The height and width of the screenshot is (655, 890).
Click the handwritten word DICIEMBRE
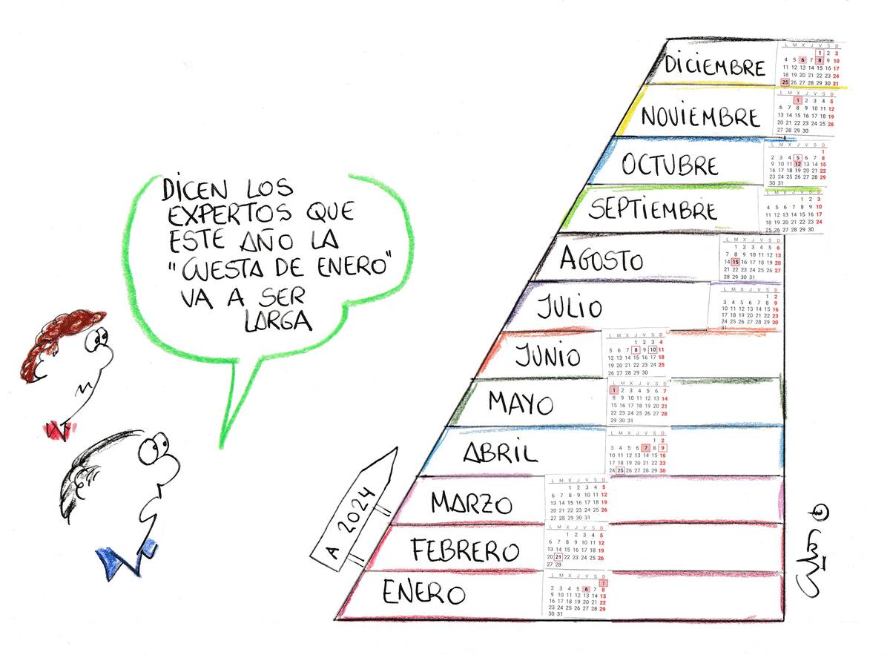coord(715,65)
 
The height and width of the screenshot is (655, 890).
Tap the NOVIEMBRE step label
coord(690,117)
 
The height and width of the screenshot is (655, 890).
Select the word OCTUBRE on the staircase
coord(670,165)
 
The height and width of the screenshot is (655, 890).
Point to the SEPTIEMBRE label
coord(653,210)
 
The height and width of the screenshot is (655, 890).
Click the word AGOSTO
coord(601,259)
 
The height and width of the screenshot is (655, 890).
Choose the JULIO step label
coord(570,306)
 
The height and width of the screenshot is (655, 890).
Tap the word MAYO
coord(521,404)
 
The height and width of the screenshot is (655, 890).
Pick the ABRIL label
coord(500,452)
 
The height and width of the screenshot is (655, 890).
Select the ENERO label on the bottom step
coord(423,593)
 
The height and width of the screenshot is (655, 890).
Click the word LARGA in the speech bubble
coord(275,320)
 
